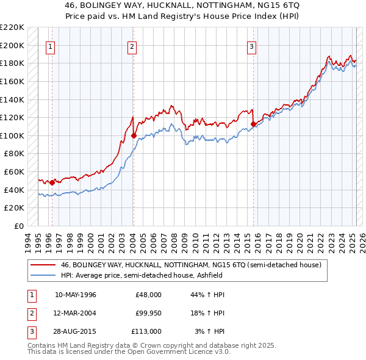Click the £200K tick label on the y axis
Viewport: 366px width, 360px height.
(13, 45)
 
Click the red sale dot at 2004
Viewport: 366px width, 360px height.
(134, 135)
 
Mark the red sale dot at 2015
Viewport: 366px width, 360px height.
(253, 124)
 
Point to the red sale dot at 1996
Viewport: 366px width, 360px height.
(52, 182)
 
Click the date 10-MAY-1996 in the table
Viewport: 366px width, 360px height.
(76, 295)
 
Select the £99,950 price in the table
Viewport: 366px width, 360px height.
(149, 313)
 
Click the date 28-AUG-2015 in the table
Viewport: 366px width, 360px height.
(76, 331)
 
